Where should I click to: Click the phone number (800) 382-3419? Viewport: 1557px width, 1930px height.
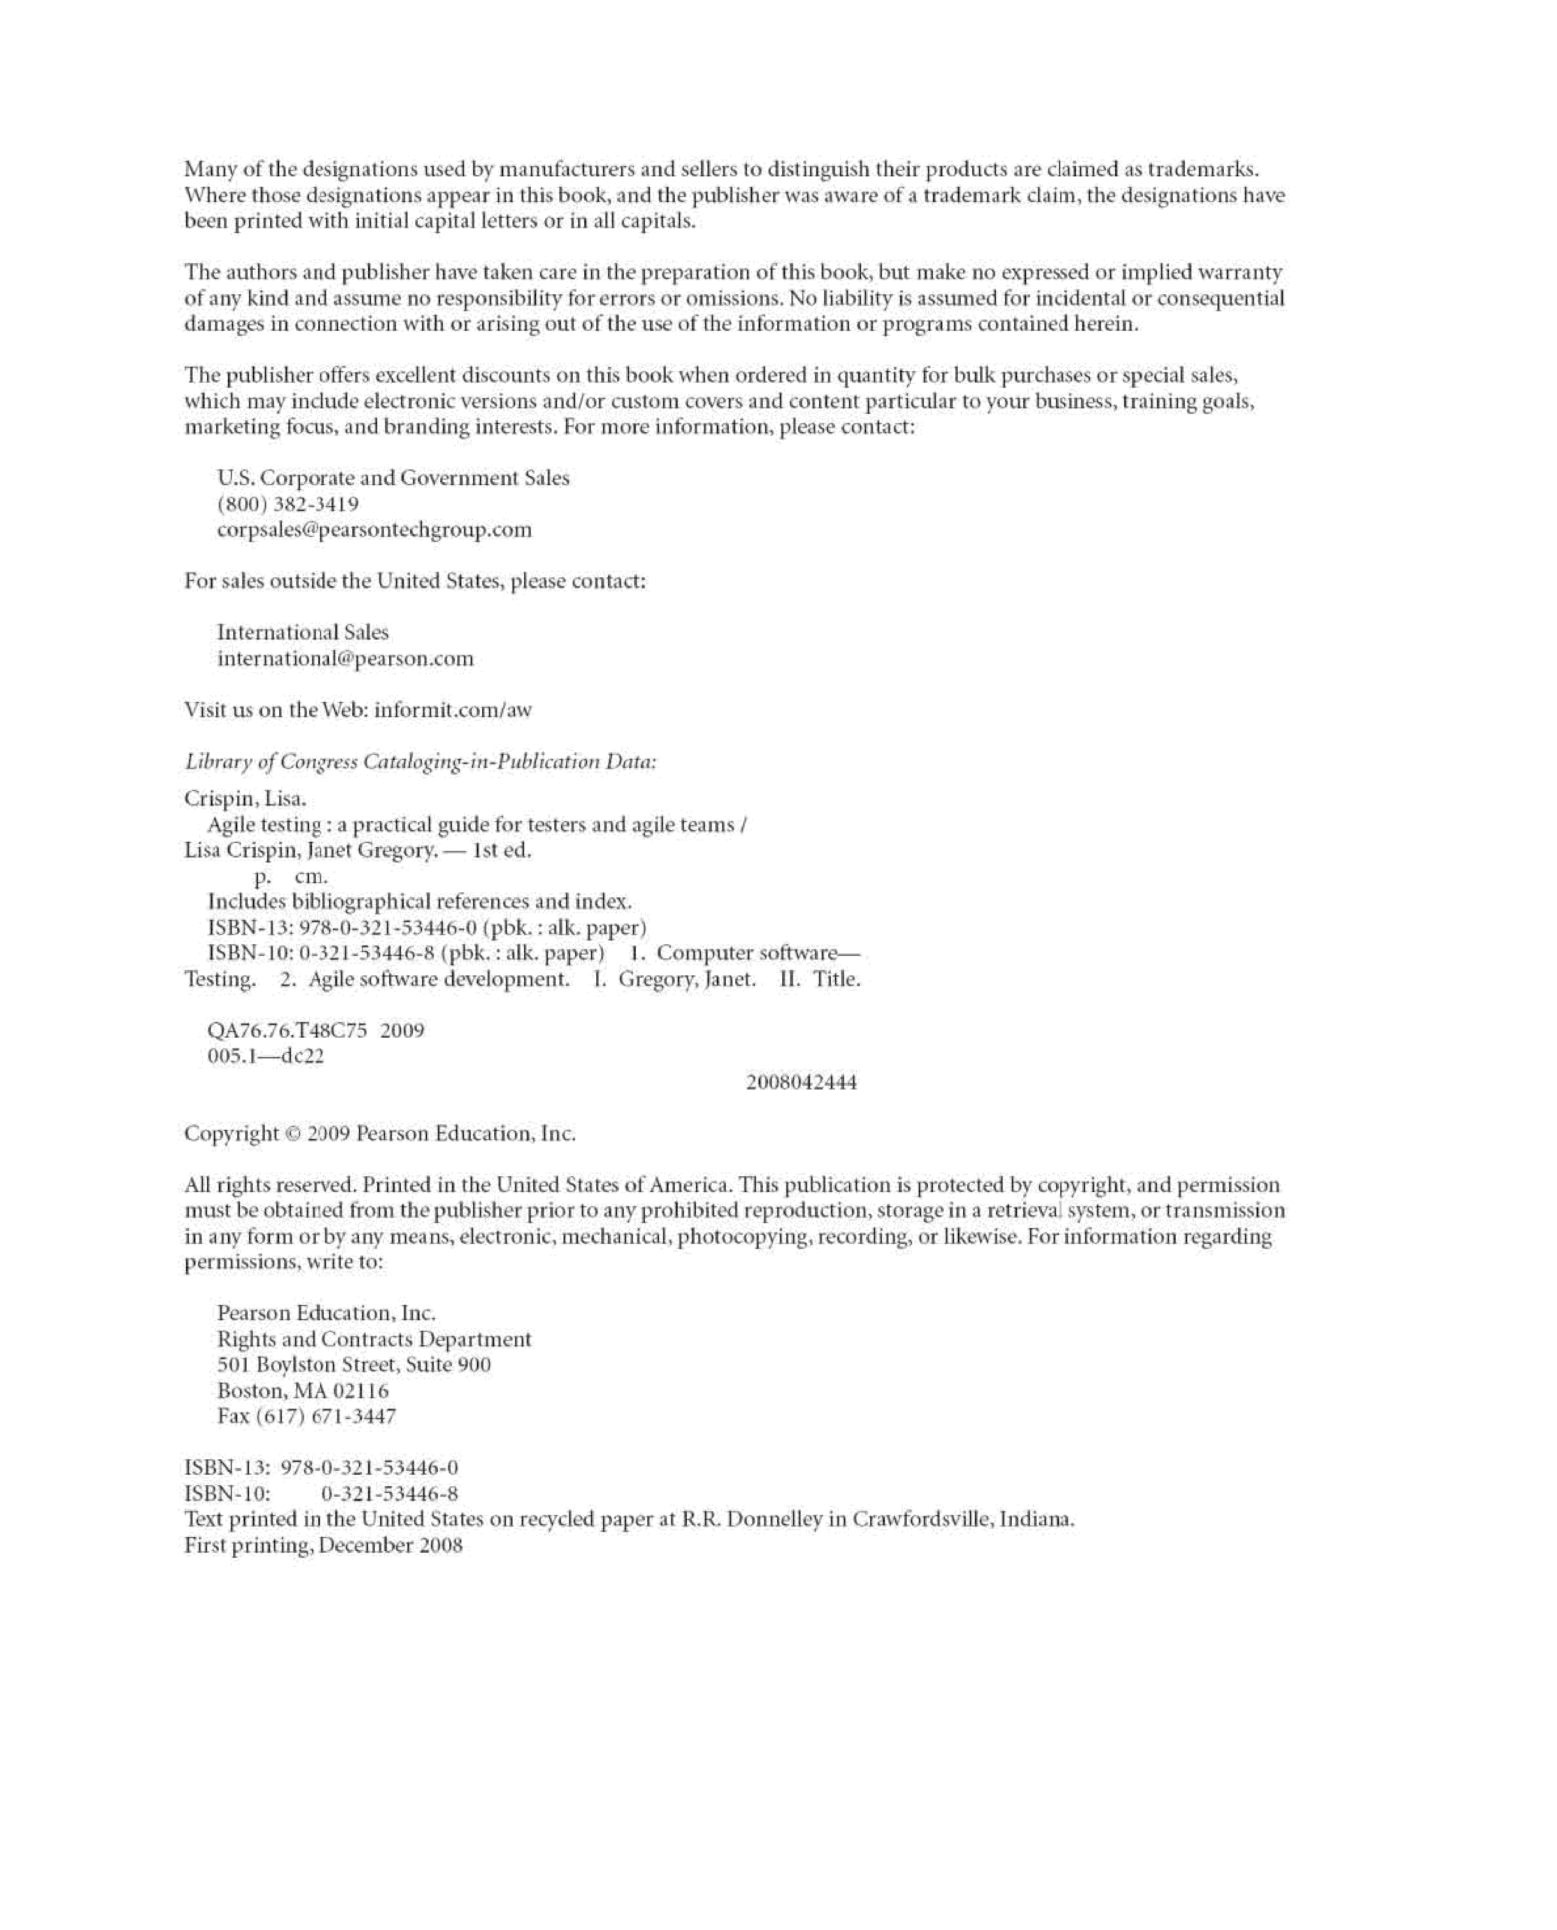pos(288,504)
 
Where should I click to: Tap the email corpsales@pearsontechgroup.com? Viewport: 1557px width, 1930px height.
pos(374,530)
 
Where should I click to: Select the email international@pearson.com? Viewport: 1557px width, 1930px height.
pos(345,659)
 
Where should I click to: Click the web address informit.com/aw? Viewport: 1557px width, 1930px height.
pos(453,710)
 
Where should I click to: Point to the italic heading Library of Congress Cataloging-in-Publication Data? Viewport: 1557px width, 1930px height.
pos(421,762)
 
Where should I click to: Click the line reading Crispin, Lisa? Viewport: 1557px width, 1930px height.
pos(245,798)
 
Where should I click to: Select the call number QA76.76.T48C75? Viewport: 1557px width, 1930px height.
pos(287,1031)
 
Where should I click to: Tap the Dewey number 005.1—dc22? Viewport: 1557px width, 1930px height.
pos(266,1056)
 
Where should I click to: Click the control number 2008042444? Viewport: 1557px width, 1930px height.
pos(802,1082)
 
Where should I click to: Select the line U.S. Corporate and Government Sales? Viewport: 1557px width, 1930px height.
pos(393,478)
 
